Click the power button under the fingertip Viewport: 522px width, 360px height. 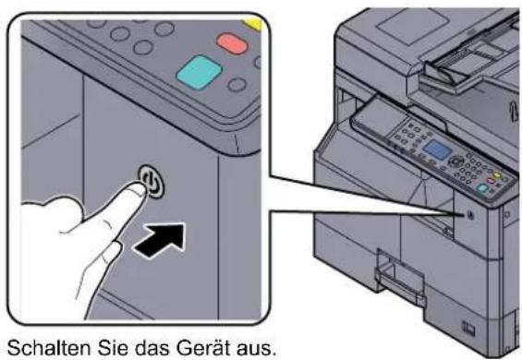[152, 182]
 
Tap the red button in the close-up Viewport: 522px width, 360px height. [232, 43]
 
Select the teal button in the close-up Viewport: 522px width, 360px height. [200, 72]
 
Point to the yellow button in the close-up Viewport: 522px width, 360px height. [254, 23]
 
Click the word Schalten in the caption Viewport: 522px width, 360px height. [49, 348]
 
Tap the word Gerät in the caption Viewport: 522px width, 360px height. [203, 348]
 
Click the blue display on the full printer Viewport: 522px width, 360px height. [437, 149]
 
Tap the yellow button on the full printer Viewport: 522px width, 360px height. [497, 174]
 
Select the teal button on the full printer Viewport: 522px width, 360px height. [482, 188]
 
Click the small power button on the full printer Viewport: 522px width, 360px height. [470, 214]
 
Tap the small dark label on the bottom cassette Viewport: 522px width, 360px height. [468, 328]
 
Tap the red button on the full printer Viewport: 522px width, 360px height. [491, 181]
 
